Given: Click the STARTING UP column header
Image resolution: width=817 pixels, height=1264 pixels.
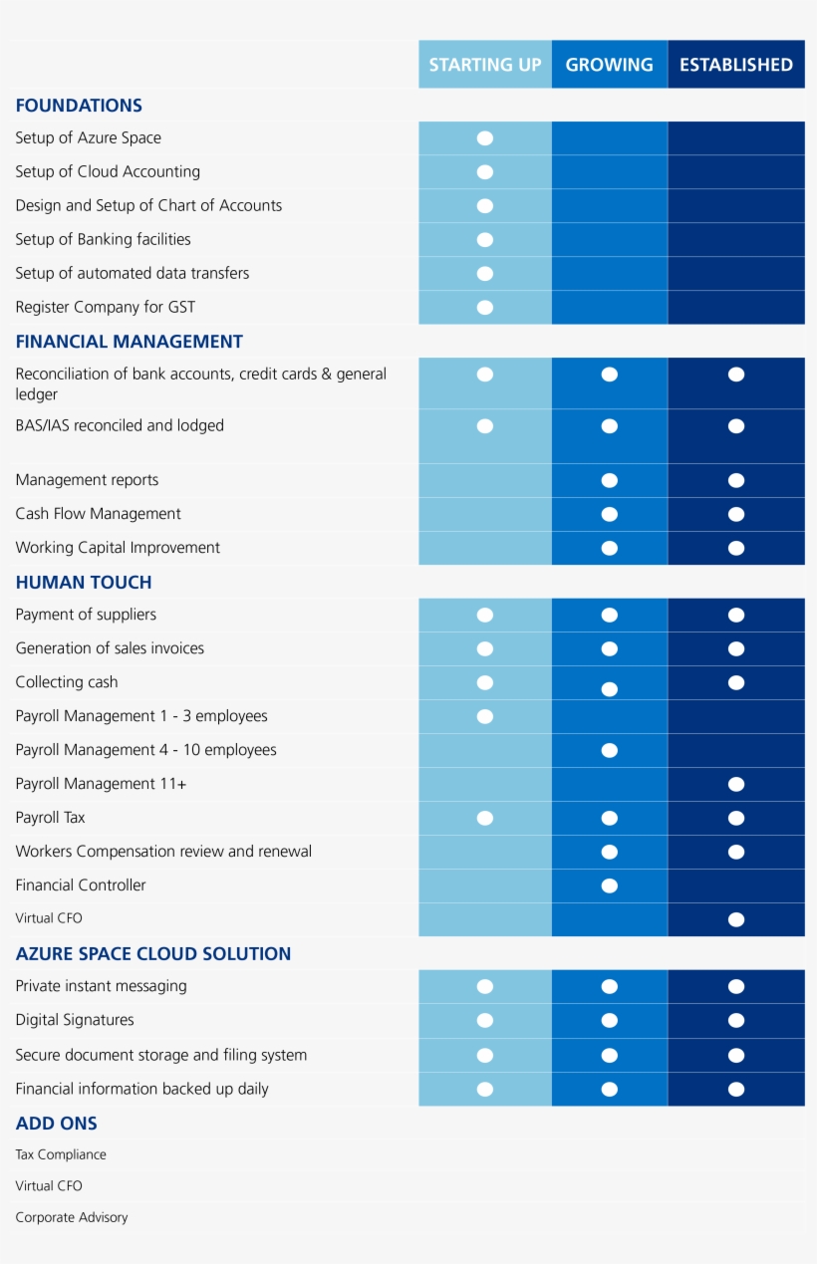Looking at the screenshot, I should (x=485, y=65).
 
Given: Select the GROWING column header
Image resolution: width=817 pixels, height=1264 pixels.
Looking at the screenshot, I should (x=609, y=65).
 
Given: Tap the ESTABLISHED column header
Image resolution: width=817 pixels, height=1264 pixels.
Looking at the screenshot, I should (x=735, y=65).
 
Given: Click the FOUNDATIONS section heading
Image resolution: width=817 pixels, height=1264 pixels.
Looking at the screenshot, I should (x=79, y=106).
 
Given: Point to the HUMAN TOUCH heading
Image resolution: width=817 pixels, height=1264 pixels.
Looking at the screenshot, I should (x=84, y=583).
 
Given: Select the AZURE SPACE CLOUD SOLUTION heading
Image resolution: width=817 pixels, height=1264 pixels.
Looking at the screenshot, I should (x=153, y=954).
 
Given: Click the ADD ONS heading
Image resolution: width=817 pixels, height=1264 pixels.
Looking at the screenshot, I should (x=57, y=1124).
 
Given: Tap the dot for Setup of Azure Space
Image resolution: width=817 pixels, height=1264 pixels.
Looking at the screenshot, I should (x=485, y=138).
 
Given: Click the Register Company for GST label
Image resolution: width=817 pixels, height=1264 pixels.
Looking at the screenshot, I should (x=105, y=307).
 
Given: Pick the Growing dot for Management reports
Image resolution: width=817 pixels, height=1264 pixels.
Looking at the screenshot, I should (x=610, y=480).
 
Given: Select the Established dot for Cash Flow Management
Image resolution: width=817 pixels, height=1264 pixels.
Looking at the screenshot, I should (x=736, y=514).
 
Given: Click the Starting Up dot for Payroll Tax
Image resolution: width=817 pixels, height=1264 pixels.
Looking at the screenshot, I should (x=485, y=818).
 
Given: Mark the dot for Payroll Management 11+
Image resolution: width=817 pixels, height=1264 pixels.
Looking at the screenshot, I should (x=736, y=784).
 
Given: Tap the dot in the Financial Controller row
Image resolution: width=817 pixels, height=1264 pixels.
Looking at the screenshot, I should (x=610, y=885).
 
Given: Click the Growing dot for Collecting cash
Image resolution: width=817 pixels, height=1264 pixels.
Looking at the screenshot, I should (x=610, y=688).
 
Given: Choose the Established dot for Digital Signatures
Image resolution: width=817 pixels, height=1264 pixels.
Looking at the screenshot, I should (x=736, y=1020).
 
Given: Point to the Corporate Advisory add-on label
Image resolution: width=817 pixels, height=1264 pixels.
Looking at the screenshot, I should (x=72, y=1217).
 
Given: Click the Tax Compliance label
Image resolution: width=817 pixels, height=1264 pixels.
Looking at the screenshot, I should (x=61, y=1154).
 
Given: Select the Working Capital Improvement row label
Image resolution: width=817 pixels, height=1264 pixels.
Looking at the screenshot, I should (x=118, y=548).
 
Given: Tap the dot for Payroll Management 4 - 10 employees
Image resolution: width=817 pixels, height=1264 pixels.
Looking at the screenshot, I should (x=610, y=750).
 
